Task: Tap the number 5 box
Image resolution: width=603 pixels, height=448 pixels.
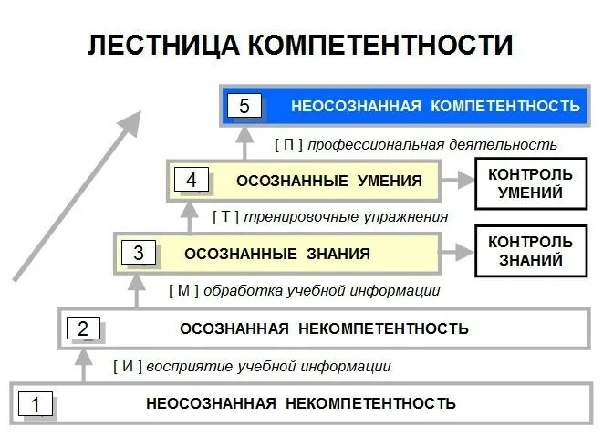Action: [x=244, y=106]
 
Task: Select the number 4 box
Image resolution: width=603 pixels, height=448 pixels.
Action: [x=191, y=181]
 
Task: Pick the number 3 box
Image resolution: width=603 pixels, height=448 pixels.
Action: [x=138, y=254]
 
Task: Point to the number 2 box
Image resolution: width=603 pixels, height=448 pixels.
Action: [x=83, y=328]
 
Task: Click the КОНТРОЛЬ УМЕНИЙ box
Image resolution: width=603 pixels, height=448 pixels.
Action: [x=530, y=182]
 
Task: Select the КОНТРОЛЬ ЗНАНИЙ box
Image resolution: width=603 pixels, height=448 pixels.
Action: [x=530, y=252]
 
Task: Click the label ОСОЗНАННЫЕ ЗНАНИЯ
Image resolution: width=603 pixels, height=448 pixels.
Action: [x=276, y=254]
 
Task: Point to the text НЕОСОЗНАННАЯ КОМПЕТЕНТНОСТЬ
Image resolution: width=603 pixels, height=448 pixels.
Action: [x=435, y=106]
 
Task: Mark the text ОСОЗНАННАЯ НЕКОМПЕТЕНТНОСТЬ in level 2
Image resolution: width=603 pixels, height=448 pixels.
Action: [x=324, y=328]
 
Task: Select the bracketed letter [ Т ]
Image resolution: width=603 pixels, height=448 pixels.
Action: [x=225, y=217]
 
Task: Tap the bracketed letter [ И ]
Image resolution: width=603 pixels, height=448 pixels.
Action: [x=127, y=367]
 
